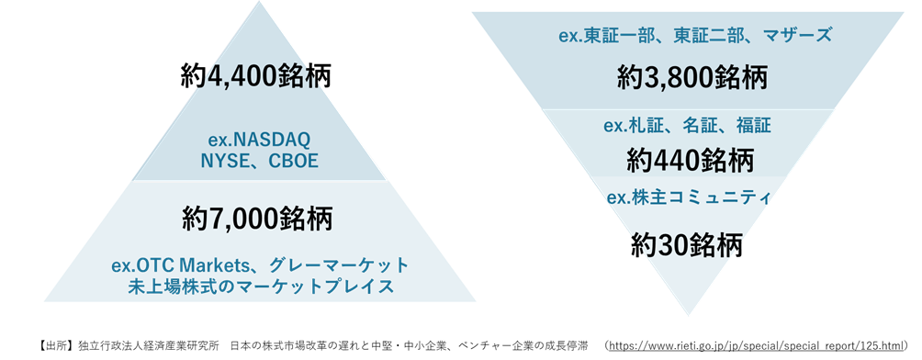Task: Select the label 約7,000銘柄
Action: tap(257, 219)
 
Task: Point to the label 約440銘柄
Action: tap(691, 160)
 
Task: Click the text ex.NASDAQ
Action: tap(259, 140)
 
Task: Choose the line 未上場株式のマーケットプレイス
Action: tap(260, 287)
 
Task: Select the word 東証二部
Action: tap(708, 36)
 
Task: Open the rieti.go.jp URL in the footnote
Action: tap(754, 347)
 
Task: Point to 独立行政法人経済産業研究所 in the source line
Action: tap(149, 347)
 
